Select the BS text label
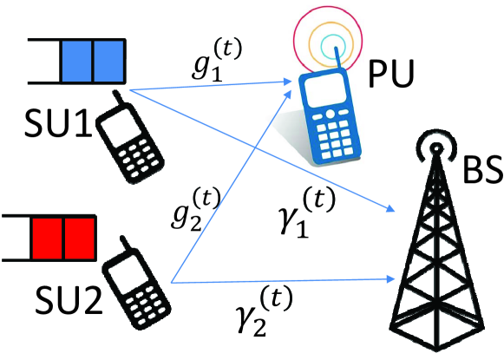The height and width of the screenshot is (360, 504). [x=479, y=170]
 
